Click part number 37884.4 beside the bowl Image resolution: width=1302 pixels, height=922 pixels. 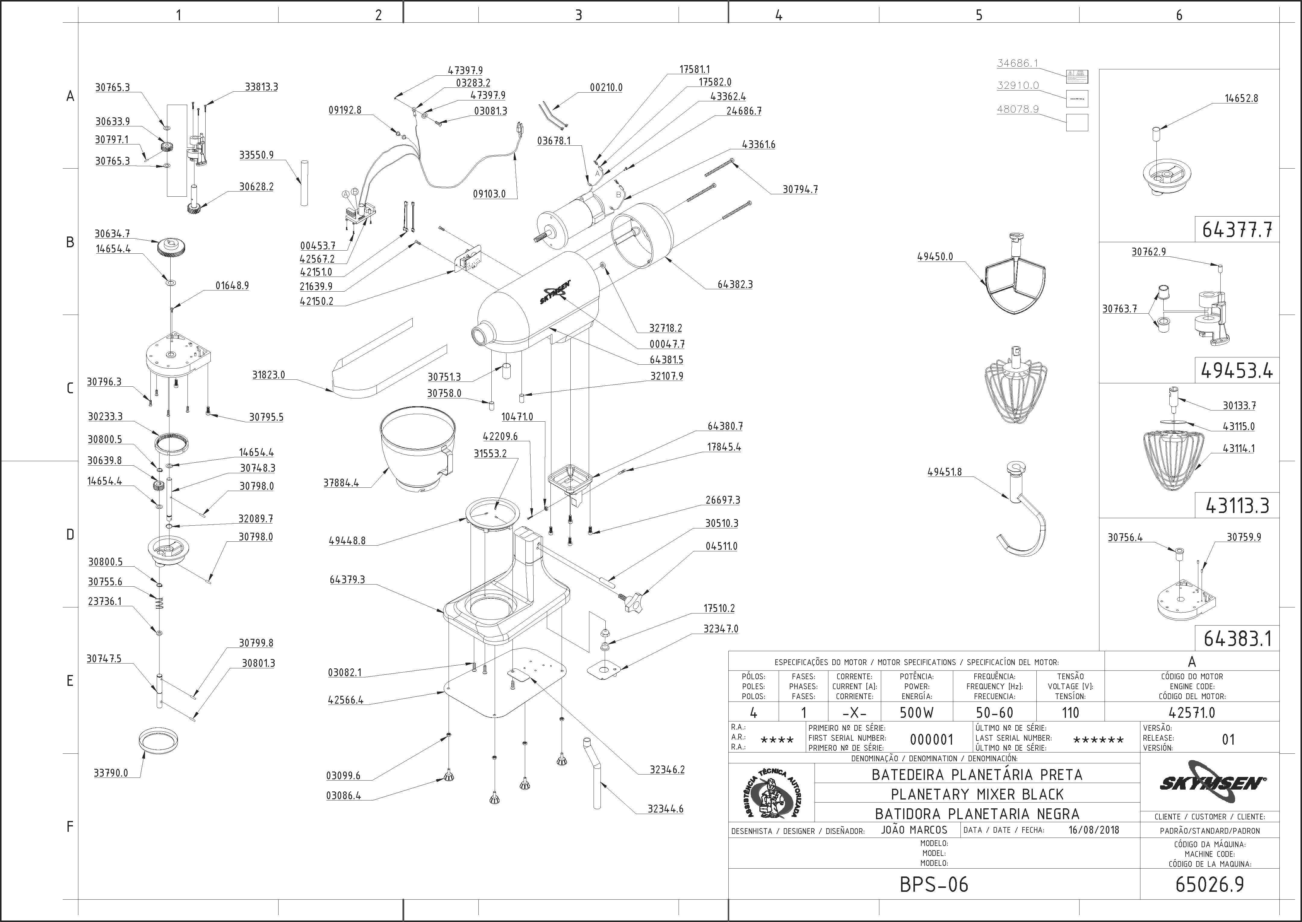[x=341, y=483]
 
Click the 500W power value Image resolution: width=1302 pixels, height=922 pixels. [x=916, y=712]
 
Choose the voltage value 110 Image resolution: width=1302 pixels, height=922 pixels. [x=1070, y=712]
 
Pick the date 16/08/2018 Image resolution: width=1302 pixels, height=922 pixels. [x=1094, y=829]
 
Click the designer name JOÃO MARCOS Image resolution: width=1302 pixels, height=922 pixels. [x=914, y=829]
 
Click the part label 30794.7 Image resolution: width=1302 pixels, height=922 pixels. [x=800, y=190]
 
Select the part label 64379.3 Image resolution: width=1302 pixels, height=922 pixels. [x=347, y=580]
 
